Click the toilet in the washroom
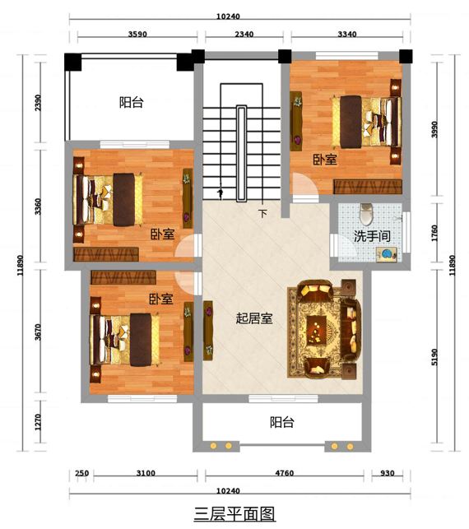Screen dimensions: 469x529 pyautogui.click(x=365, y=214)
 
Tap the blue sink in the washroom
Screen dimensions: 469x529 pyautogui.click(x=387, y=253)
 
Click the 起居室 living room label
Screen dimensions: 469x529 pyautogui.click(x=254, y=318)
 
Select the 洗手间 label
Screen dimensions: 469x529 pyautogui.click(x=372, y=236)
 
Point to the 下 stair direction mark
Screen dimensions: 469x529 pyautogui.click(x=262, y=214)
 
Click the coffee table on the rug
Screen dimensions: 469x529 pyautogui.click(x=316, y=330)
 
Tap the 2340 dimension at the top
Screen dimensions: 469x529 pyautogui.click(x=244, y=34)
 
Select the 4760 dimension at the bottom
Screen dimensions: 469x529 pyautogui.click(x=284, y=473)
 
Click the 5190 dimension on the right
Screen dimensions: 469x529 pyautogui.click(x=434, y=356)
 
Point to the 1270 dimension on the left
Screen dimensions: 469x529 pyautogui.click(x=38, y=422)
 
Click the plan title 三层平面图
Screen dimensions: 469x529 pyautogui.click(x=234, y=514)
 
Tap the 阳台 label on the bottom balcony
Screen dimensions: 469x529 pyautogui.click(x=281, y=422)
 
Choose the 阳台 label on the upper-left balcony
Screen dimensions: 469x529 pyautogui.click(x=132, y=102)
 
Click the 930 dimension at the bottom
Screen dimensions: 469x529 pyautogui.click(x=387, y=473)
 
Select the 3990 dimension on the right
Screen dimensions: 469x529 pyautogui.click(x=434, y=129)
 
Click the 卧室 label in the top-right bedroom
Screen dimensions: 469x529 pyautogui.click(x=325, y=160)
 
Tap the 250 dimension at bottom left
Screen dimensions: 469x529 pyautogui.click(x=82, y=473)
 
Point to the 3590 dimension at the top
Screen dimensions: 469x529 pyautogui.click(x=137, y=34)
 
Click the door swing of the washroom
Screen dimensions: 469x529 pyautogui.click(x=345, y=245)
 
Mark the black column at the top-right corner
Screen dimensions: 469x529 pyautogui.click(x=406, y=56)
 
